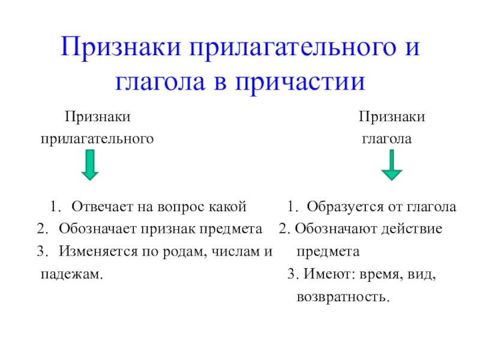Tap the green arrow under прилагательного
90,166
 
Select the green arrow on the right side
392,166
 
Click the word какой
227,207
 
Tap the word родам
180,251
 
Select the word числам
233,251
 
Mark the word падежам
70,274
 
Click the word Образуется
339,207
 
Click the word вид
419,274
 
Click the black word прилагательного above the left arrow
97,139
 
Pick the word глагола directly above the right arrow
386,139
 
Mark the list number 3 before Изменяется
41,251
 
